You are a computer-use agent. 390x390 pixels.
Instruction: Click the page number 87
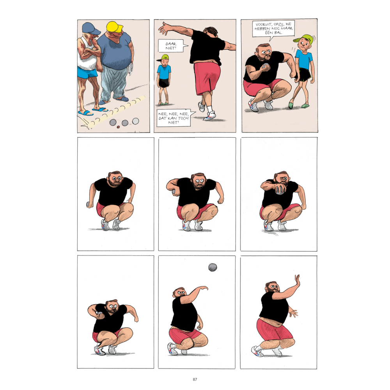coord(195,379)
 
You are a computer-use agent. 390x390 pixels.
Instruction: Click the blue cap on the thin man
coord(91,28)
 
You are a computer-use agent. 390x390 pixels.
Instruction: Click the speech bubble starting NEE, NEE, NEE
coord(174,118)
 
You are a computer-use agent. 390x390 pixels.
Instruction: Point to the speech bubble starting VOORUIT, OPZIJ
coord(273,28)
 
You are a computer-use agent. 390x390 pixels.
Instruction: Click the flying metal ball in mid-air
coord(213,268)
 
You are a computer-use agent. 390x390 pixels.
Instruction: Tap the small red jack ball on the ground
coord(118,127)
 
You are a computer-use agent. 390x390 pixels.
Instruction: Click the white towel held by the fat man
coord(130,69)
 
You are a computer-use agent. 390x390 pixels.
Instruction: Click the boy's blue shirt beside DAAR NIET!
coord(164,72)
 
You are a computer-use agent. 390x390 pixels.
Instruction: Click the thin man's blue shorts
coord(87,72)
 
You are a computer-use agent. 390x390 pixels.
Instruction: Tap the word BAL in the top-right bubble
coord(278,33)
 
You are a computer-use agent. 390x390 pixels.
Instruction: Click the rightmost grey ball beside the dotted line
coord(136,121)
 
